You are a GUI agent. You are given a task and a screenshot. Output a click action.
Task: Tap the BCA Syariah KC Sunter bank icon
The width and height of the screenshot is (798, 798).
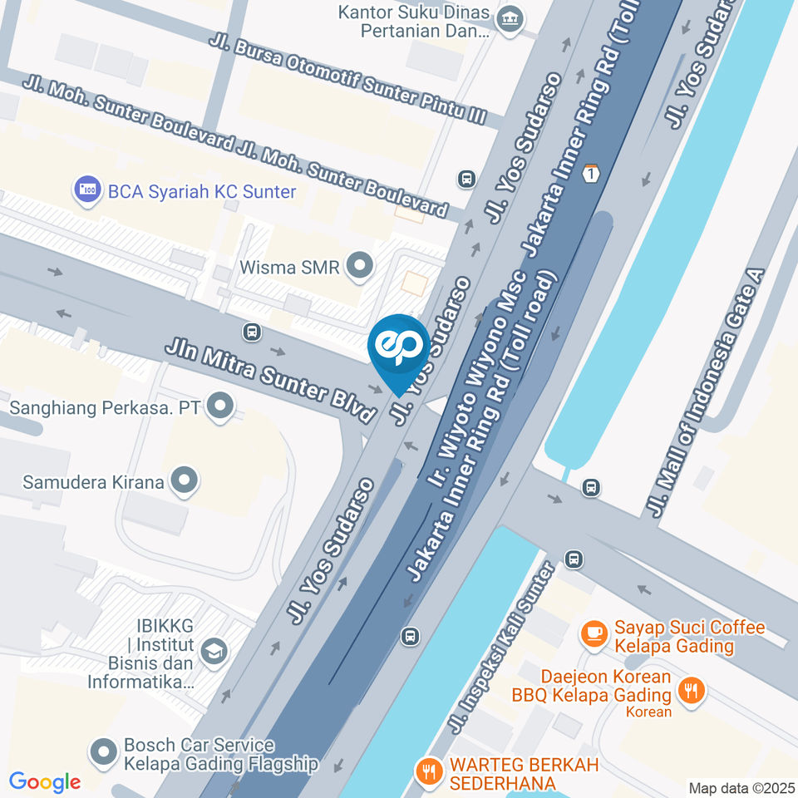click(86, 190)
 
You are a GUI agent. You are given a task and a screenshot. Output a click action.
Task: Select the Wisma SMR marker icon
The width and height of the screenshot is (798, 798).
click(360, 267)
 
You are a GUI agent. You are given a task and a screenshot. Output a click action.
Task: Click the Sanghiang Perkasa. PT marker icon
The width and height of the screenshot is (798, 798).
click(220, 407)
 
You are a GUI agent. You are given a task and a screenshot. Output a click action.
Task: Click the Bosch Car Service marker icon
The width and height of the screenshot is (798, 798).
click(104, 752)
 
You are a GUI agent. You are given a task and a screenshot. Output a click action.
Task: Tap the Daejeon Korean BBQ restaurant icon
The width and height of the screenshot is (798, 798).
click(691, 688)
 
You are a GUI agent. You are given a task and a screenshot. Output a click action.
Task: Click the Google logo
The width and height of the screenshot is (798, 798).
click(45, 781)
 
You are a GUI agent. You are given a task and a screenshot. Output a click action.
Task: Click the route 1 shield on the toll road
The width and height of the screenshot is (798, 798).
click(590, 174)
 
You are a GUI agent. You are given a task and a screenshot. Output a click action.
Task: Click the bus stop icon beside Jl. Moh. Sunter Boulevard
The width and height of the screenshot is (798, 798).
click(466, 179)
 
